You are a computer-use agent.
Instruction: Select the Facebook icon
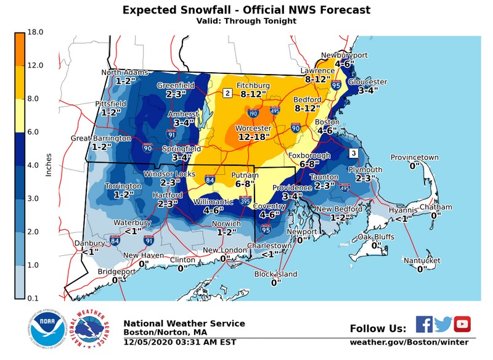(424, 324)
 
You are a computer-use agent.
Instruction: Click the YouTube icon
(462, 324)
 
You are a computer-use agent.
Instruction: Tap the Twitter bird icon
(443, 324)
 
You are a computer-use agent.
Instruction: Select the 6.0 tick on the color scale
(35, 132)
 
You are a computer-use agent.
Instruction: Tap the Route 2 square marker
(227, 93)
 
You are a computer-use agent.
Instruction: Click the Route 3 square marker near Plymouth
(353, 153)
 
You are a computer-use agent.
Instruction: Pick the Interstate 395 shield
(245, 201)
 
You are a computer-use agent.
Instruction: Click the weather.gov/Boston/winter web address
(409, 342)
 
